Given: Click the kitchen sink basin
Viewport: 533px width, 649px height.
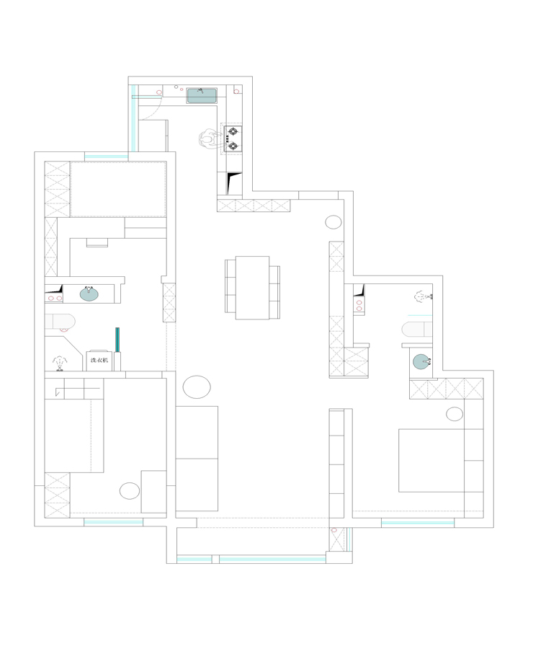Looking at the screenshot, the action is (202, 96).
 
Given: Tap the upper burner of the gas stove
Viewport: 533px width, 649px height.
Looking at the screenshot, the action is (233, 133).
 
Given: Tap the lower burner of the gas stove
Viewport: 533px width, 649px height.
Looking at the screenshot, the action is (233, 146).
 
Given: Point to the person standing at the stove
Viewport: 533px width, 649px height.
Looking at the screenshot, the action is (209, 138).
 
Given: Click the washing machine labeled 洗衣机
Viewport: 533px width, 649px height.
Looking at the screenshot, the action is (99, 361).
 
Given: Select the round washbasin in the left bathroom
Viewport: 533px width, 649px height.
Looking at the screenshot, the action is (89, 293).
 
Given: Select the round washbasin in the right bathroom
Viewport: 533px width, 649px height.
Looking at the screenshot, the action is (422, 361).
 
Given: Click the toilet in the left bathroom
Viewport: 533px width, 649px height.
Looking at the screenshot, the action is (60, 322).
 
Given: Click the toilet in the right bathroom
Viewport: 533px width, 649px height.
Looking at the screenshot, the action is (417, 330).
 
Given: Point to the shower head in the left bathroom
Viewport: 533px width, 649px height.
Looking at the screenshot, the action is (60, 363).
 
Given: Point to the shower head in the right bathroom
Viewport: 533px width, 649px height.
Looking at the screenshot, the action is (423, 296).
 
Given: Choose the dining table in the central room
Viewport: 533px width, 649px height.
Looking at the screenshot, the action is (252, 288).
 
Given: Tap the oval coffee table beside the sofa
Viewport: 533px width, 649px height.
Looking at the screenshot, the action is (197, 387).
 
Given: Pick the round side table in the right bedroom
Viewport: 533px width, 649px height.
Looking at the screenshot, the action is (454, 414).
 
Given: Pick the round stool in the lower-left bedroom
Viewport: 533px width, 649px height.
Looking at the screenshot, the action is (130, 491).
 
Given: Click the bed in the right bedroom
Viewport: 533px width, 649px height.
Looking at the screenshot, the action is (431, 460).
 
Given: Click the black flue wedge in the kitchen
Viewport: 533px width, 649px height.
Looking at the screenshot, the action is (233, 183).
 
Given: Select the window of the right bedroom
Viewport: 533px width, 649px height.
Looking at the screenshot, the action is (417, 524).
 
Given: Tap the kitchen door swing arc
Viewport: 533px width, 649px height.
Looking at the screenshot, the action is (154, 112).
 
